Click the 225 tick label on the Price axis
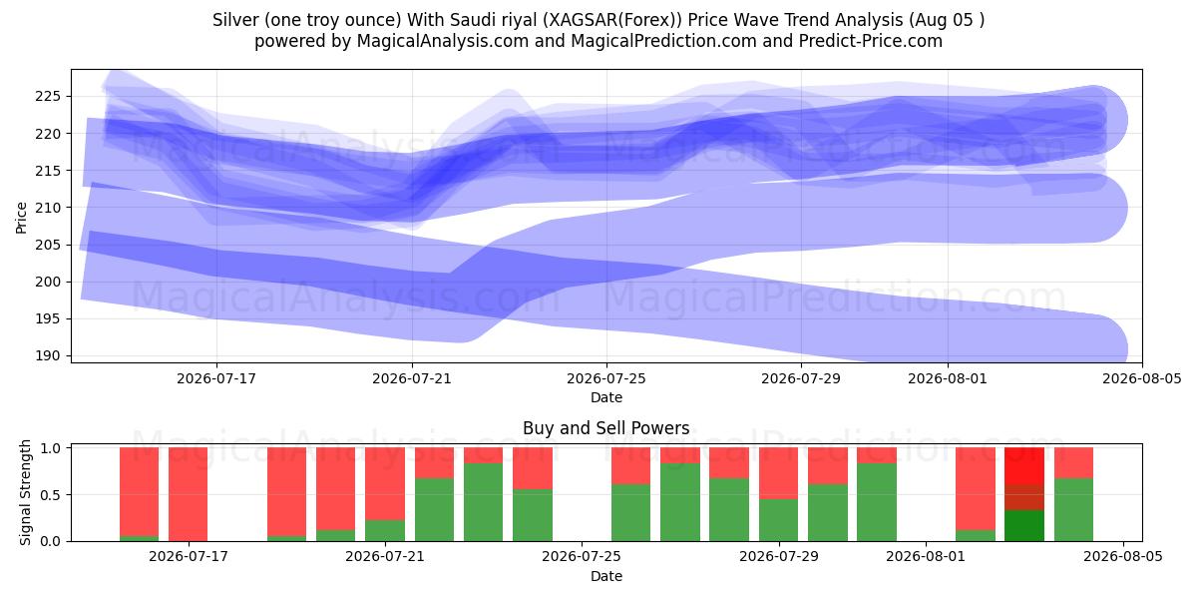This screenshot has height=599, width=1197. (x=48, y=97)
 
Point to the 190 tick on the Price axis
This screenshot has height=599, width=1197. (x=48, y=356)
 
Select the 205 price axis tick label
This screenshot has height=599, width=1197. (x=48, y=245)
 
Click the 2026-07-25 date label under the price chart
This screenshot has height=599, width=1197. (x=606, y=378)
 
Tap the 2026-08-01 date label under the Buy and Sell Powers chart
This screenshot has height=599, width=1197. (x=926, y=556)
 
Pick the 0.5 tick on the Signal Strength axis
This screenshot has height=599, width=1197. (x=52, y=495)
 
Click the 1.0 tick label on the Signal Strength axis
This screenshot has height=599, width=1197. (x=52, y=448)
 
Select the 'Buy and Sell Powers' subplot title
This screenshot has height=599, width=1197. (x=606, y=428)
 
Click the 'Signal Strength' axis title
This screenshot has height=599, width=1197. (x=25, y=492)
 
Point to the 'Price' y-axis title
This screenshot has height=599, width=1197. (x=21, y=218)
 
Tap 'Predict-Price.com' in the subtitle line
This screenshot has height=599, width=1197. (x=871, y=41)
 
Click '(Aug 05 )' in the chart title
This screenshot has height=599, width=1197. (x=946, y=20)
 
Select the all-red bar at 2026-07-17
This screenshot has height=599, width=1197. (x=189, y=494)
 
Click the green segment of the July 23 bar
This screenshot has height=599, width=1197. (x=483, y=502)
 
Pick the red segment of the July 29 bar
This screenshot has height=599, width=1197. (x=778, y=473)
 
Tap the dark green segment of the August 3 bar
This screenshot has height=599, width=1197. (x=1023, y=526)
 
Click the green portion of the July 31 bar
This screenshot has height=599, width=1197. (x=877, y=502)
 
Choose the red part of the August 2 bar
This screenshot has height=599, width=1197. (x=976, y=489)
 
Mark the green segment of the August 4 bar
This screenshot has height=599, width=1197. (x=1073, y=510)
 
